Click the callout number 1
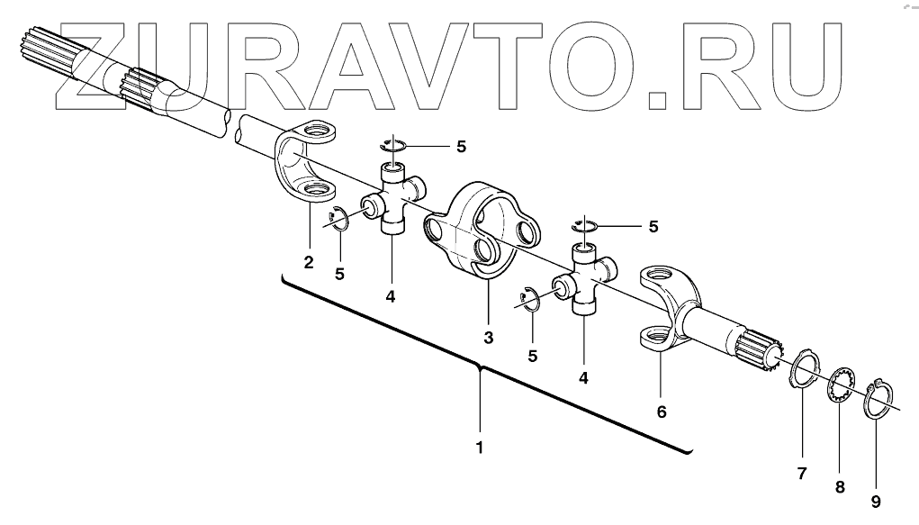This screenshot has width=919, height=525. click(x=480, y=447)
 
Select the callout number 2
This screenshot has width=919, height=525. click(x=309, y=262)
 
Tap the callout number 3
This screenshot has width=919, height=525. click(x=488, y=338)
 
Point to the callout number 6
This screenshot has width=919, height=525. click(x=662, y=412)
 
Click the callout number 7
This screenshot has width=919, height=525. click(x=801, y=472)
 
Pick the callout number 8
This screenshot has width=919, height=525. click(x=839, y=487)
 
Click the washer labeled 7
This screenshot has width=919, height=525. click(x=803, y=371)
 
